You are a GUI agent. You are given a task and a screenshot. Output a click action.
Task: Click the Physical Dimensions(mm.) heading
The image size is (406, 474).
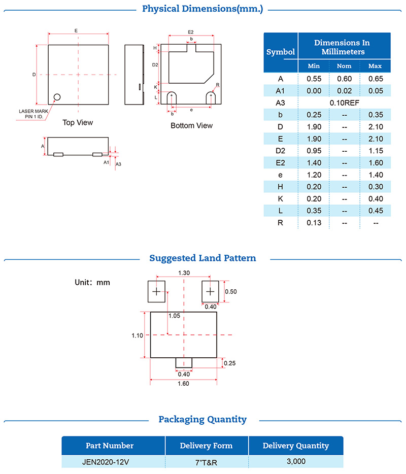[x=202, y=9]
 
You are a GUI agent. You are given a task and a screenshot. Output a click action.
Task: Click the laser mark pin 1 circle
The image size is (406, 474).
[x=57, y=96]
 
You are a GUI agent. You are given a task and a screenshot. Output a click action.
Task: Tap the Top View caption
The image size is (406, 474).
[x=78, y=122]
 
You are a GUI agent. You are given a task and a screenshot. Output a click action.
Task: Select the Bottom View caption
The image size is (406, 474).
[x=191, y=125]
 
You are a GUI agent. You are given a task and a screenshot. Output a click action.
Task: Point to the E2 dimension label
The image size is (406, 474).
[x=191, y=32]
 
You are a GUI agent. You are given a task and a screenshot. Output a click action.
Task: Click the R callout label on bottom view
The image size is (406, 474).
[x=217, y=85]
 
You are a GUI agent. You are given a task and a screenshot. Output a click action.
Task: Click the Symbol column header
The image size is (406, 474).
[x=281, y=52]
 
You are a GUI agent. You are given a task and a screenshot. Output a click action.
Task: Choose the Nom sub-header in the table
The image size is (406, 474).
[x=345, y=66]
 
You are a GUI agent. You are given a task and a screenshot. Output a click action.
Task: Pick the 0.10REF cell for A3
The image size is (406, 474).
[x=345, y=103]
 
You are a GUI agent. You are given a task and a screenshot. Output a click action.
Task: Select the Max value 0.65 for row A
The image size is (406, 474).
[x=375, y=79]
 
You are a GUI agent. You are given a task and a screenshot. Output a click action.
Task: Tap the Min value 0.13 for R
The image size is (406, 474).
[x=314, y=223]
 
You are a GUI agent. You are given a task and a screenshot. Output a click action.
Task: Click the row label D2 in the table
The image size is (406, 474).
[x=281, y=151]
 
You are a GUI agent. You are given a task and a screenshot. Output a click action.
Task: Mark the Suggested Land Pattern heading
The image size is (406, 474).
[x=202, y=258]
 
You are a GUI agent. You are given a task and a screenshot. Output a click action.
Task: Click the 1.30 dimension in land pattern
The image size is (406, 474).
[x=184, y=273]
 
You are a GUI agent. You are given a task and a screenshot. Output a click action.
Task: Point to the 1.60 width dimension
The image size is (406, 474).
[x=183, y=384]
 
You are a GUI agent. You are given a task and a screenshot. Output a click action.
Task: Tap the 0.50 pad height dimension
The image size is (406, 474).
[x=231, y=292]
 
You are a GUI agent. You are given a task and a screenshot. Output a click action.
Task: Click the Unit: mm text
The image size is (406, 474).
[x=92, y=282]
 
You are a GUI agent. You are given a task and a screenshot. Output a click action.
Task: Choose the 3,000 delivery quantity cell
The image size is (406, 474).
[x=295, y=461]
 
